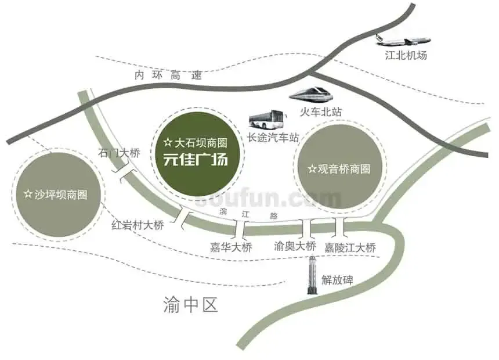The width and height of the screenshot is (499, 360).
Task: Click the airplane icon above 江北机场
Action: point(403,40)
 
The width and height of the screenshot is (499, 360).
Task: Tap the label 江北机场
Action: point(406,55)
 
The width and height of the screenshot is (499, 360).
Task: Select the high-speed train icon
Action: point(310,93)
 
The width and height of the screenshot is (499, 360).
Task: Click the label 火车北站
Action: point(321,112)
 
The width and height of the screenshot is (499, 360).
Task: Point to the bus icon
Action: point(267,119)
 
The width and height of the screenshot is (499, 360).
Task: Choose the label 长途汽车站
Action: point(273,137)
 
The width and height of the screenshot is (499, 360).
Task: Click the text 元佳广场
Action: point(196,159)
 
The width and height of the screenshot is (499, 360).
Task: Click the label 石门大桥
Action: point(119,153)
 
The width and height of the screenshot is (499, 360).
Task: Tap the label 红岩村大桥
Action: point(138,225)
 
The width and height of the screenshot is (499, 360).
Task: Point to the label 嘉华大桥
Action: point(231,247)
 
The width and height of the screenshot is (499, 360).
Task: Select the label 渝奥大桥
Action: point(295,246)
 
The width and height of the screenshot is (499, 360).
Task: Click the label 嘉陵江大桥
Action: point(350,247)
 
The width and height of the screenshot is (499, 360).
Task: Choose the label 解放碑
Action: point(337,280)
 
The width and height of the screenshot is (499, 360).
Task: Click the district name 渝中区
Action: point(190,305)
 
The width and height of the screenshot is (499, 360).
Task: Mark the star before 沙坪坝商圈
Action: point(28,194)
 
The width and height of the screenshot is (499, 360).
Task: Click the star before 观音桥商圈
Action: point(312,168)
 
